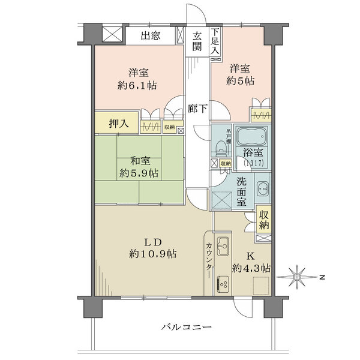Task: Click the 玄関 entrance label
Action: (197, 43)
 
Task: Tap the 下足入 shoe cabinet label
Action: (216, 43)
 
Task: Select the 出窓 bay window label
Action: (150, 36)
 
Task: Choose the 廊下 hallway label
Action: (197, 109)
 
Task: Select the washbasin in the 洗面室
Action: (262, 190)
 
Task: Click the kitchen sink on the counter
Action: (223, 246)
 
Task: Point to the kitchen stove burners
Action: (223, 281)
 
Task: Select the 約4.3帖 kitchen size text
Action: (251, 268)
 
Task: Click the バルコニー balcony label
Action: (186, 327)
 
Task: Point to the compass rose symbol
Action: (298, 277)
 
